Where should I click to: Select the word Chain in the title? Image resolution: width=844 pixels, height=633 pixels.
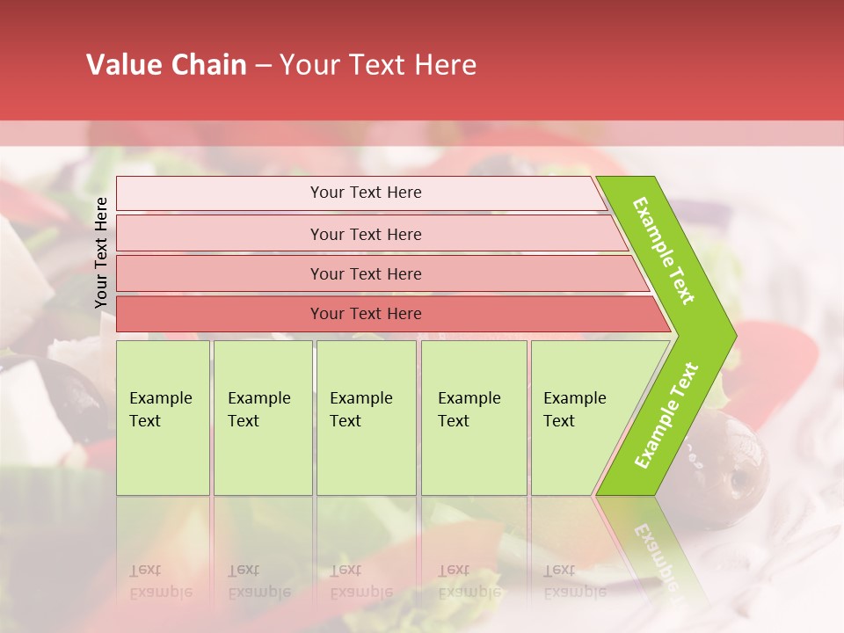tap(209, 65)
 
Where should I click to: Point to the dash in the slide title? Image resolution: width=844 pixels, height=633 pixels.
tap(263, 66)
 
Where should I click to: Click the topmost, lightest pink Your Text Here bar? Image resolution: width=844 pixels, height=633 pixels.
tap(366, 193)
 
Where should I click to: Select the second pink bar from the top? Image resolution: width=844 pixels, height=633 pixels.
tap(366, 234)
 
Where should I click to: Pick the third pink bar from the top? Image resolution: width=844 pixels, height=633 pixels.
tap(366, 273)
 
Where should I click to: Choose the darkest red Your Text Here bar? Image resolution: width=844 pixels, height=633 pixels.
tap(366, 314)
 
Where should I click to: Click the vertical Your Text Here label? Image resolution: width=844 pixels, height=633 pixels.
tap(101, 252)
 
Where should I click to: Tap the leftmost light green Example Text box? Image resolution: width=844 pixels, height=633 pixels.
tap(163, 418)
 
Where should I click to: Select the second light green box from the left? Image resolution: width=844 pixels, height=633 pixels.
tap(262, 418)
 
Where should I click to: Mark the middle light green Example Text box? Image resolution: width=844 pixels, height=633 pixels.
tap(366, 418)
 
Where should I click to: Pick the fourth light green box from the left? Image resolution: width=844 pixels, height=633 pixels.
tap(473, 418)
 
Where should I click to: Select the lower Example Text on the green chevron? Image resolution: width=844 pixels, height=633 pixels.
tap(666, 415)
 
